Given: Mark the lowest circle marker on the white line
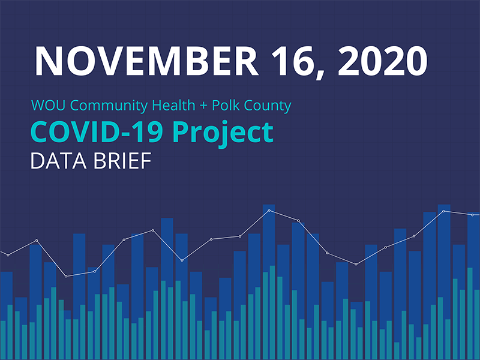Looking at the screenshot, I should point(66,276).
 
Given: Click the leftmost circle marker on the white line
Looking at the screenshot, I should point(8,255).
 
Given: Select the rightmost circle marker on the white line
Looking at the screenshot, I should point(472,214).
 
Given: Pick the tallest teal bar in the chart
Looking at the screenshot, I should point(273,312).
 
